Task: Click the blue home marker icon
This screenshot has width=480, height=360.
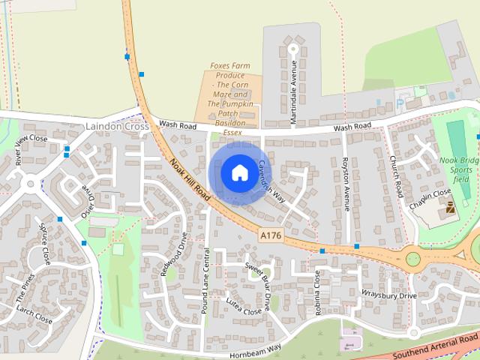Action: click(238, 173)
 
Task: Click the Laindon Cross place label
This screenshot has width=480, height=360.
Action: click(118, 127)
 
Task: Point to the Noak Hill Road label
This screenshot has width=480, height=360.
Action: click(189, 178)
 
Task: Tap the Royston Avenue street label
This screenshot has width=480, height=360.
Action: click(346, 184)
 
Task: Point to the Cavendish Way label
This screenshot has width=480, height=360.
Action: click(271, 181)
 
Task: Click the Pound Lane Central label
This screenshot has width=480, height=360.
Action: click(205, 286)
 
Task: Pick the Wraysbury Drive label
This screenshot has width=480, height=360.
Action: click(388, 295)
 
